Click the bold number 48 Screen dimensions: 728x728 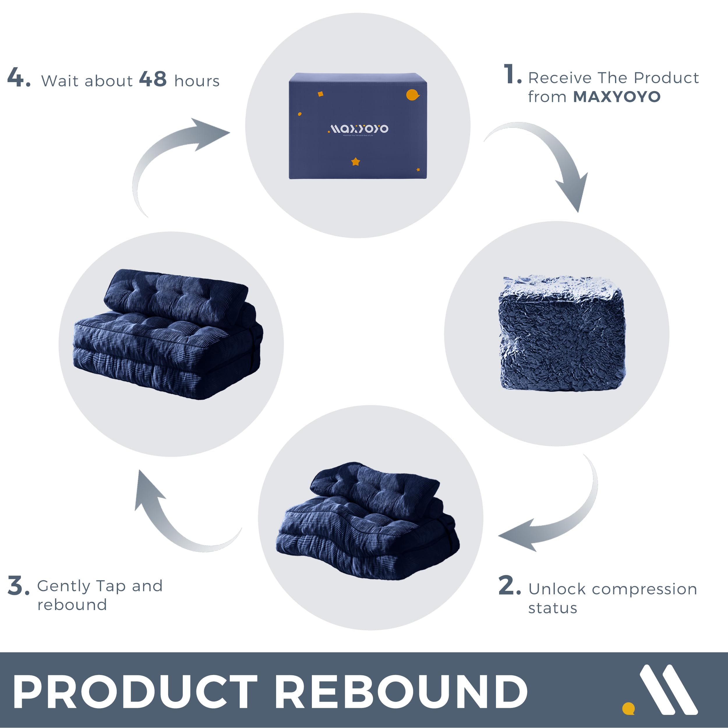[x=153, y=79]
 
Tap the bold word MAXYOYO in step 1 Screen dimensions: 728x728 [x=616, y=97]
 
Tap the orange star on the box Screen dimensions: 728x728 [x=355, y=162]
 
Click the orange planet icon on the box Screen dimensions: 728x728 [x=412, y=95]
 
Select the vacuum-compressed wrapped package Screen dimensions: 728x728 [x=561, y=333]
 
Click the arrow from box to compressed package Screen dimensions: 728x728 [x=546, y=158]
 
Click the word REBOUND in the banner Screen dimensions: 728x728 [x=401, y=691]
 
